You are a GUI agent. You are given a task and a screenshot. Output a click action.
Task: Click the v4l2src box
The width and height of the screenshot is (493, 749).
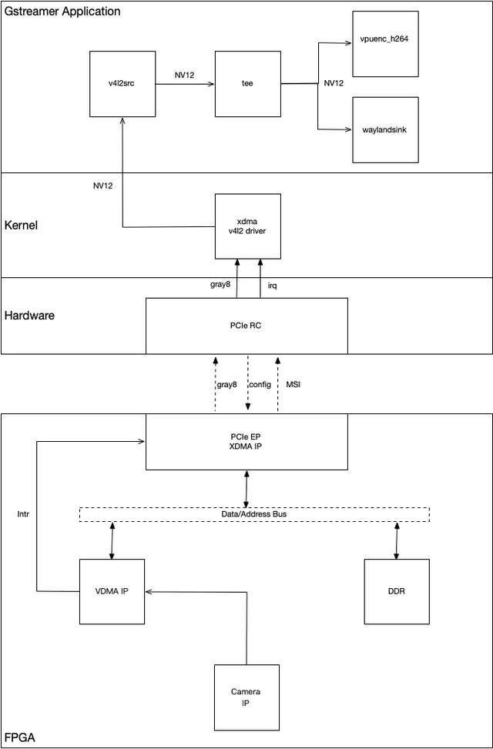pos(122,84)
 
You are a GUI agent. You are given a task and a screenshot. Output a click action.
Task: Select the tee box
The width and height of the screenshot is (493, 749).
pos(247,84)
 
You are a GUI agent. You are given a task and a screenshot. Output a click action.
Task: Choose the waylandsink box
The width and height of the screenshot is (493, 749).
pos(385,129)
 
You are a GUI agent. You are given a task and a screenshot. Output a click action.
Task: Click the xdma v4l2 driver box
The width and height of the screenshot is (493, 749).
pos(247,226)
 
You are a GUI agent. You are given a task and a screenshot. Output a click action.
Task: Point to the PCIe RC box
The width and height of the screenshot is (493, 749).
pos(246,325)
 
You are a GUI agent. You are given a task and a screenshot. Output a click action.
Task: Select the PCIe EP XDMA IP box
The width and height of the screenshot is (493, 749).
pos(246,442)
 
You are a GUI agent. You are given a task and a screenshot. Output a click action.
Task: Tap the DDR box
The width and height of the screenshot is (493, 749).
pos(397,591)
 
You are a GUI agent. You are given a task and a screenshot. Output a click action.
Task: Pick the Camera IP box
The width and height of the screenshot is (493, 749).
pos(246,697)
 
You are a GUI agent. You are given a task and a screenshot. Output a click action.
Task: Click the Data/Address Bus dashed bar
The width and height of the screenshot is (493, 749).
pos(254,513)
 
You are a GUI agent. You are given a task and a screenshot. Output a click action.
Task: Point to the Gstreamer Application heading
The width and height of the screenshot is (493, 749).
pos(62,12)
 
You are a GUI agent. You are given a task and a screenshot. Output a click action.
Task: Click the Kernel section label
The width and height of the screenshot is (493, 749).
pos(22,226)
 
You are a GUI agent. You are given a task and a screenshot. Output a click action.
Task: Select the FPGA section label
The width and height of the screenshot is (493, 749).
pos(19,737)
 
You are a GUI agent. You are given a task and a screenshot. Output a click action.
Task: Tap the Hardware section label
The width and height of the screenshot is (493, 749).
pos(29,316)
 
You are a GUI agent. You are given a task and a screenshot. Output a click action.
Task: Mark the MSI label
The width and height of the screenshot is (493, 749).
pos(294,384)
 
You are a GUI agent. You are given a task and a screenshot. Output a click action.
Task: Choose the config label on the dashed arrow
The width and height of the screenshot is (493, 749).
pos(260,384)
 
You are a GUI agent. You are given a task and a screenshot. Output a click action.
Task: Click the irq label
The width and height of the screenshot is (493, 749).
pos(272,286)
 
